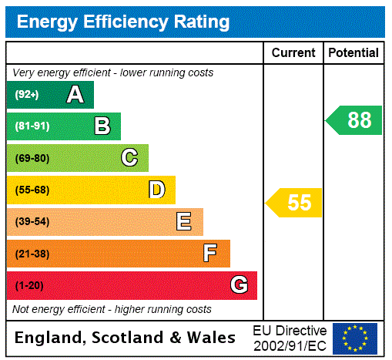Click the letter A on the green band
[x=75, y=95]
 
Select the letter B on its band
[x=102, y=126]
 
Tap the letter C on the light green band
[x=129, y=158]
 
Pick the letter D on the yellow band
[x=156, y=190]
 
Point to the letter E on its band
[x=183, y=222]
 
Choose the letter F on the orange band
[x=210, y=254]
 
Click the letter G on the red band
[x=239, y=285]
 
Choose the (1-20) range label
[x=29, y=286]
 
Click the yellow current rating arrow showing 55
[x=295, y=203]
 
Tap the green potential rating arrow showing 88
[x=354, y=120]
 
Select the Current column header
[x=293, y=53]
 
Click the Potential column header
[x=353, y=53]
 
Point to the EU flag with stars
[x=355, y=338]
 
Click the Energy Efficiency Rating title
[x=123, y=22]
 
